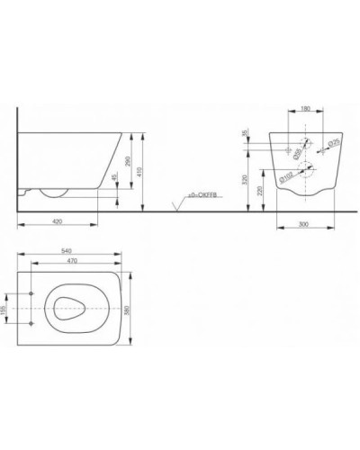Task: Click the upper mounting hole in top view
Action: pos(31,295)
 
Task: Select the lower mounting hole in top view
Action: pos(31,322)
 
